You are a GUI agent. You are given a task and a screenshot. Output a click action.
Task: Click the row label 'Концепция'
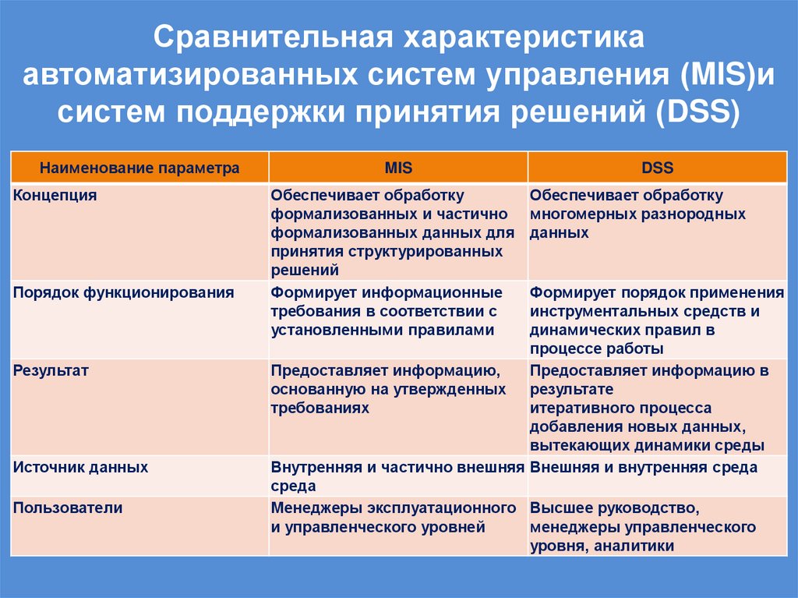[x=55, y=196]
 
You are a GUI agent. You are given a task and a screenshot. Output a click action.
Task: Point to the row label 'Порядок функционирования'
[x=123, y=293]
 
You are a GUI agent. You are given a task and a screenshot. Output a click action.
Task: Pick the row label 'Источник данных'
[x=80, y=468]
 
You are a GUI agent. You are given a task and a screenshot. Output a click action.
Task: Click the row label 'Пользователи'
[x=68, y=508]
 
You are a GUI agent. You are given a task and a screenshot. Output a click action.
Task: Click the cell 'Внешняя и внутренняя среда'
[x=644, y=468]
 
